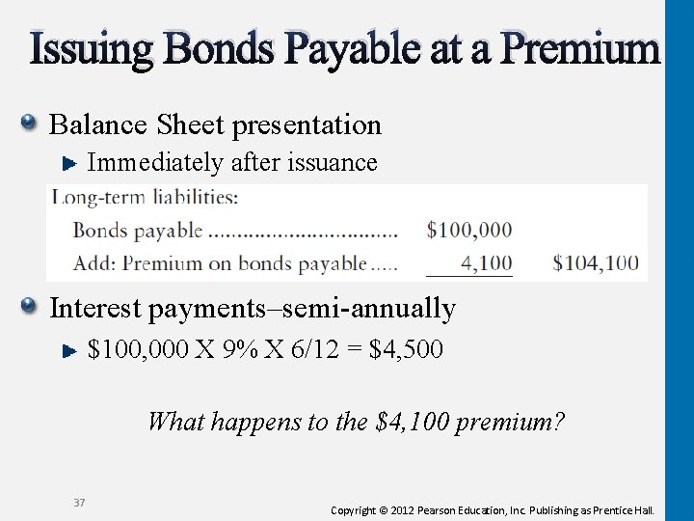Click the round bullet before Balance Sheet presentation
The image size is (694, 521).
30,123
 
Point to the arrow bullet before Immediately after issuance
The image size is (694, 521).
69,164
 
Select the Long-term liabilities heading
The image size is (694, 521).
145,198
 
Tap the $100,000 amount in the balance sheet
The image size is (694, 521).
469,230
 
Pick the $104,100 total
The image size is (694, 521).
597,262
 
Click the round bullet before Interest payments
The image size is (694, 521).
30,307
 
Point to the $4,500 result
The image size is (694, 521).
407,348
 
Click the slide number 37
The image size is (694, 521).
80,501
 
